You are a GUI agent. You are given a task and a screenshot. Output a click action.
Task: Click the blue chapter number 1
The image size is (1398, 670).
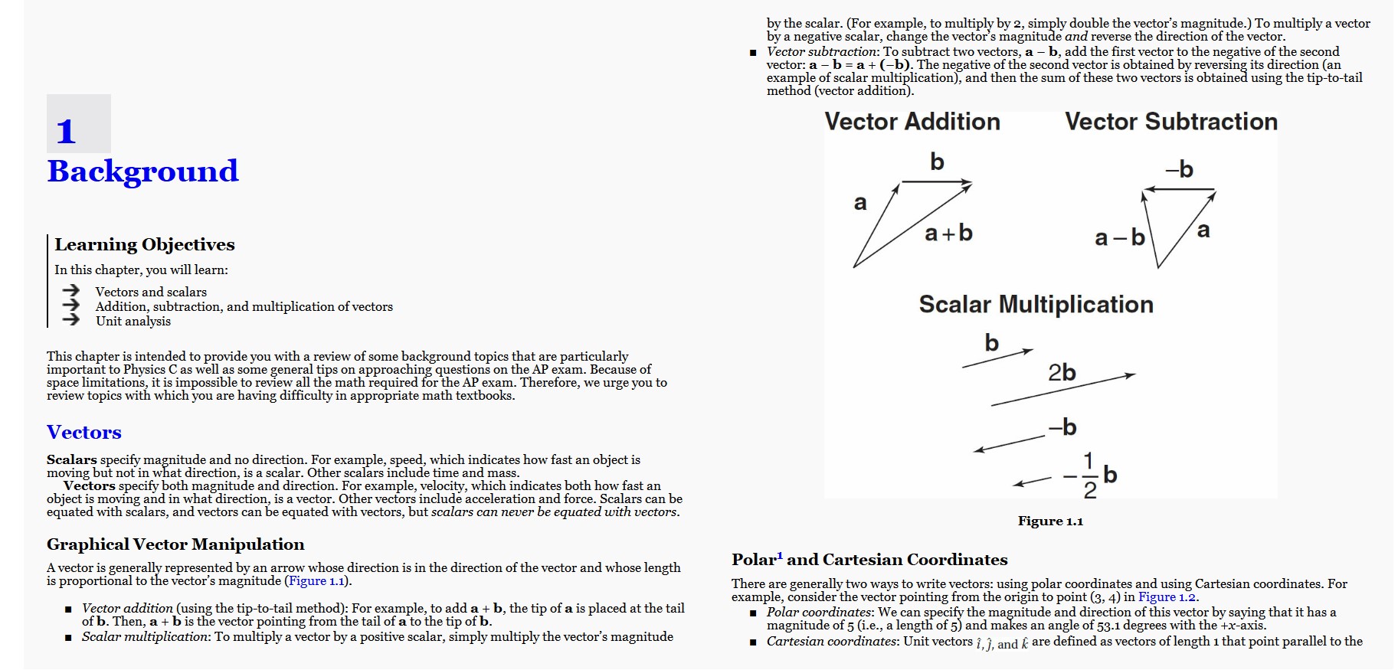pos(67,131)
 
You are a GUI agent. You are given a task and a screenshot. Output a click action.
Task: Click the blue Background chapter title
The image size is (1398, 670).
pos(142,171)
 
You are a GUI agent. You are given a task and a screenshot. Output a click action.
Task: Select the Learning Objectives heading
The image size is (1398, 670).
pos(145,244)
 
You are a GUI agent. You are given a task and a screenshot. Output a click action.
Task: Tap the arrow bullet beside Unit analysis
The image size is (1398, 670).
pos(71,319)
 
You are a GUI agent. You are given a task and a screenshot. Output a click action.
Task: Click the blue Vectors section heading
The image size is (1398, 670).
pos(84,432)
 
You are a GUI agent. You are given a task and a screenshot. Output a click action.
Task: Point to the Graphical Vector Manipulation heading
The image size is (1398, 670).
pos(175,544)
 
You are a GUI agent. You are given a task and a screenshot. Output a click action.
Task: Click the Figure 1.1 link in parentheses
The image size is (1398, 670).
pos(316,581)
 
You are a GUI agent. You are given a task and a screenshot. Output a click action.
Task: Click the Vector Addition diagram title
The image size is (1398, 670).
pos(912,122)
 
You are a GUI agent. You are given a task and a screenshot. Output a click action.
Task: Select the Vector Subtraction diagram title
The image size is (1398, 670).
pos(1170,122)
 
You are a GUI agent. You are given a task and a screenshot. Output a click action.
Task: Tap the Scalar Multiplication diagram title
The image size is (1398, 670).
pos(1036,305)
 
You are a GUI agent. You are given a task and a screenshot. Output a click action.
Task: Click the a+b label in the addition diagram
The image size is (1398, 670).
pos(948,233)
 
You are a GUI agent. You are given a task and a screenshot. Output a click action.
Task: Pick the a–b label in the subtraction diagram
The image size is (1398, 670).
pos(1119,238)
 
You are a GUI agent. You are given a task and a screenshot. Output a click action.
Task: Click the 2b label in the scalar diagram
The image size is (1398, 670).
pos(1062,373)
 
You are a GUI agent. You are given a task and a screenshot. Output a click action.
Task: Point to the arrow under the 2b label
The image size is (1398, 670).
pos(1063,390)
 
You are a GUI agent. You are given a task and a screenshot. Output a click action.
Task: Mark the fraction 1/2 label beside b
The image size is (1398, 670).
pos(1089,476)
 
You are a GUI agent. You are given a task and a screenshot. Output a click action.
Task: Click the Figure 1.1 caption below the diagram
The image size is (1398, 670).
pos(1050,521)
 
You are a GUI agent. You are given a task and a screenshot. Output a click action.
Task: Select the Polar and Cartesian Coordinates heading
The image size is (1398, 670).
pos(869,560)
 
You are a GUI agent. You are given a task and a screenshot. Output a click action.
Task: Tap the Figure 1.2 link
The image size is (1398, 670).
pos(1167,597)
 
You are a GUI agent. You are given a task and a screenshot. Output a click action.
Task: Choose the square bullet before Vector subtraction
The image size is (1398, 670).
pos(753,53)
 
